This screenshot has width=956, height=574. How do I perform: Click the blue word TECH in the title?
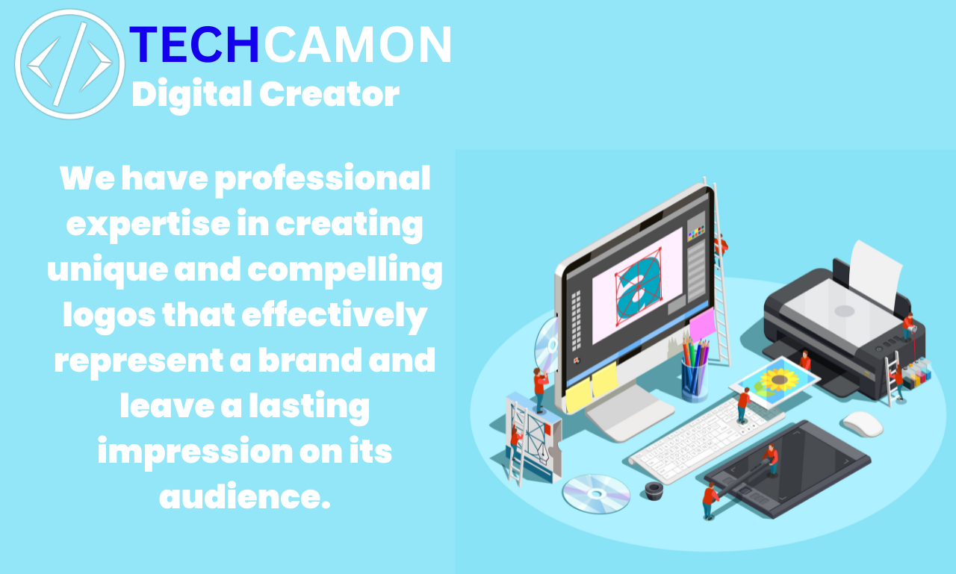pyautogui.click(x=195, y=45)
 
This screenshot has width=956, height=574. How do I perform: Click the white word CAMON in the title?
pyautogui.click(x=358, y=45)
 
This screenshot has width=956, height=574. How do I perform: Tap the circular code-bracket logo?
pyautogui.click(x=69, y=64)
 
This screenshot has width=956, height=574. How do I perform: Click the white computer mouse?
pyautogui.click(x=863, y=423)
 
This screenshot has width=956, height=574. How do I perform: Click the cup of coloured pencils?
pyautogui.click(x=695, y=370)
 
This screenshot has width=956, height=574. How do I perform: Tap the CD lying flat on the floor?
pyautogui.click(x=595, y=493)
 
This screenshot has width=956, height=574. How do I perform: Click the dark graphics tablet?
pyautogui.click(x=788, y=467)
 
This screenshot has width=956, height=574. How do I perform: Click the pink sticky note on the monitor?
pyautogui.click(x=701, y=326)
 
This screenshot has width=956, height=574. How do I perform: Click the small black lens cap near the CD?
pyautogui.click(x=654, y=490)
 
